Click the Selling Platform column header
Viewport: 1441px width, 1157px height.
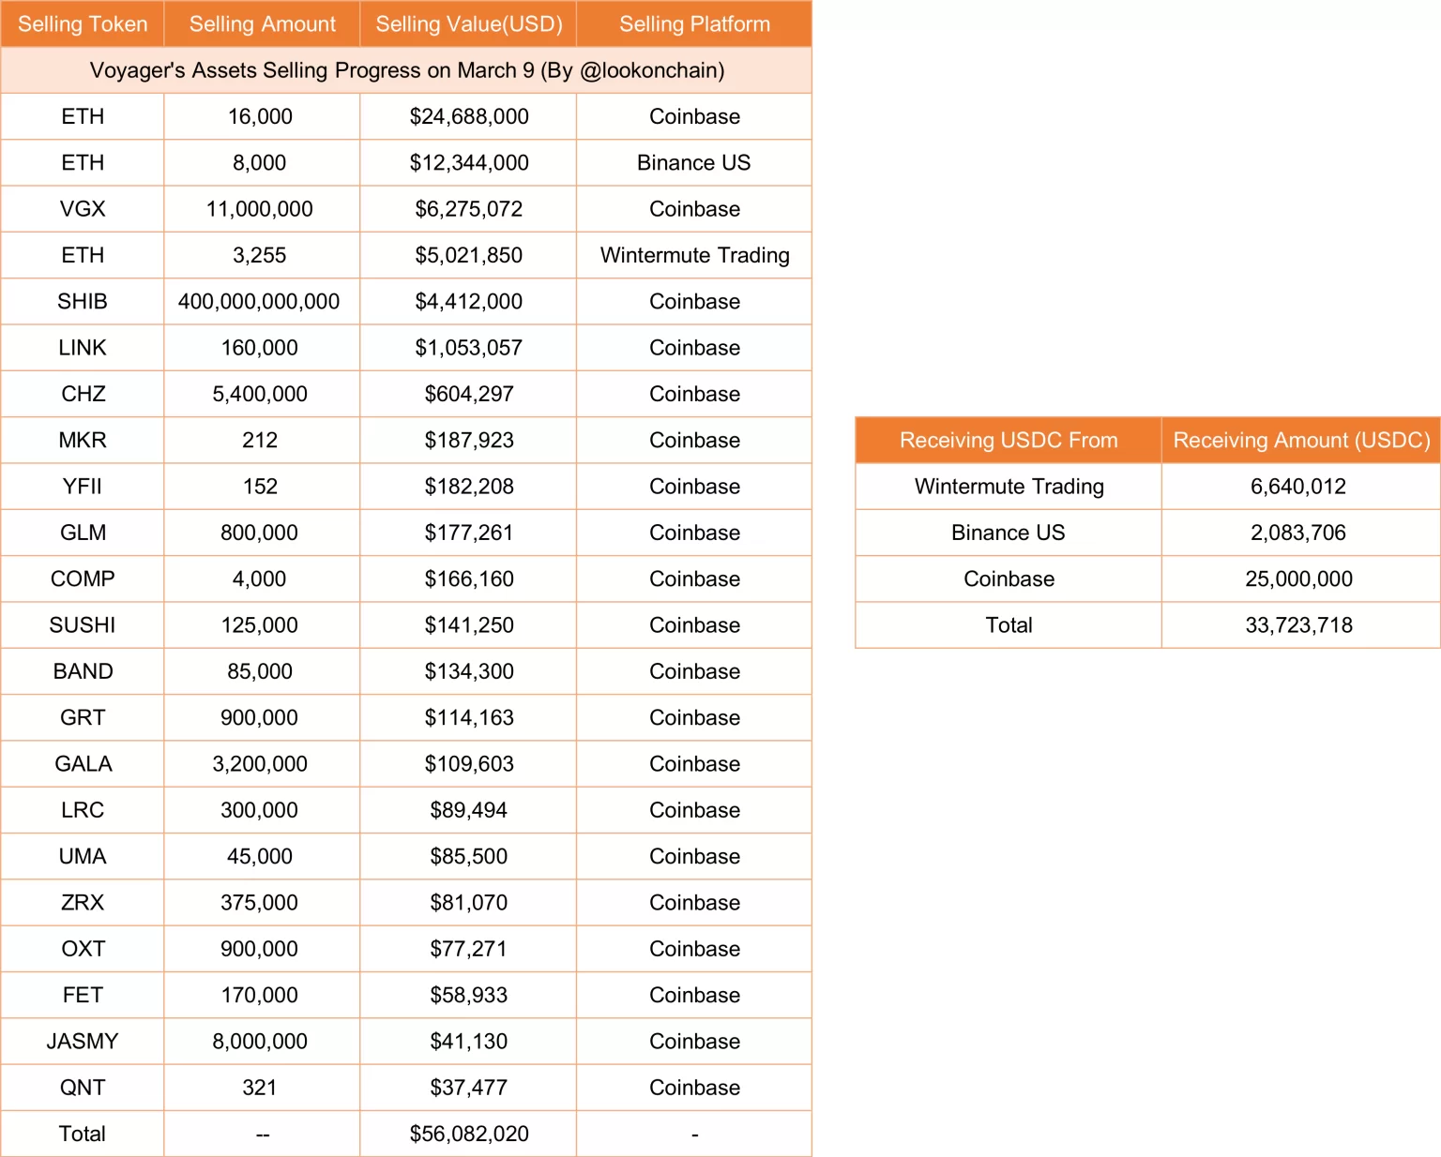tap(694, 24)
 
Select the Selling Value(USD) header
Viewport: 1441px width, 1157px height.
tap(469, 24)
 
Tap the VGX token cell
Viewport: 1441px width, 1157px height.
tap(83, 209)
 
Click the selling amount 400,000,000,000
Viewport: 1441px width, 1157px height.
tap(259, 302)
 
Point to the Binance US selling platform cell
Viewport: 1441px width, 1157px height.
tap(693, 163)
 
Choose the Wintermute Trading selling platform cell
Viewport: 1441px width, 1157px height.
tap(694, 255)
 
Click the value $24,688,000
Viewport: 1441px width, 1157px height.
tap(469, 116)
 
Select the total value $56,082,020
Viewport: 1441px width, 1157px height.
tap(469, 1134)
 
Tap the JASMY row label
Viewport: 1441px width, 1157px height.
tap(83, 1042)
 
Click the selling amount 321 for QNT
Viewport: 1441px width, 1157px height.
tap(260, 1088)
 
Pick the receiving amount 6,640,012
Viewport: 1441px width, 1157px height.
tap(1298, 487)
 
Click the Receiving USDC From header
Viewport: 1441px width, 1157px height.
tap(1009, 441)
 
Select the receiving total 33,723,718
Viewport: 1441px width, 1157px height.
tap(1298, 625)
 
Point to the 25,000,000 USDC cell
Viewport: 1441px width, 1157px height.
tap(1298, 579)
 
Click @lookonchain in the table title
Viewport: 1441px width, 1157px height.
tap(652, 70)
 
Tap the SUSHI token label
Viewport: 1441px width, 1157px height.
tap(83, 625)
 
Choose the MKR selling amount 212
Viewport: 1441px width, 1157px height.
tap(260, 441)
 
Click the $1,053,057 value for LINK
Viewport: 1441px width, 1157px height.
tap(469, 348)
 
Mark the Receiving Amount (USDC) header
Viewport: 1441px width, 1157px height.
tap(1301, 441)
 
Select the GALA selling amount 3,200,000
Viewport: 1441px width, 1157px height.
tap(260, 764)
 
